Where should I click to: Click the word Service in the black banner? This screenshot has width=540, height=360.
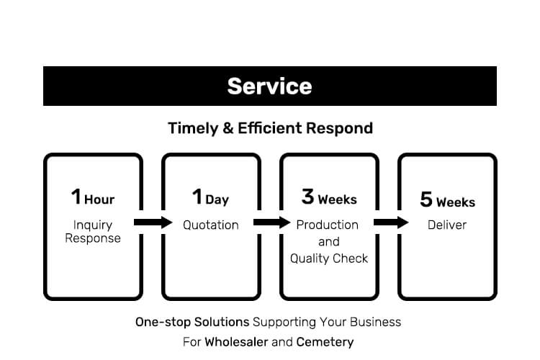(x=269, y=86)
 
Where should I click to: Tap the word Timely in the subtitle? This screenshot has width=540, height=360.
(x=193, y=129)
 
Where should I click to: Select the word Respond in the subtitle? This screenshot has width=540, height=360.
(x=339, y=129)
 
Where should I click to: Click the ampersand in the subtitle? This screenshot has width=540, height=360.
(x=228, y=128)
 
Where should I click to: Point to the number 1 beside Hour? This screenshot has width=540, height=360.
(x=76, y=197)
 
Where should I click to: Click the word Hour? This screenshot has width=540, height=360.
(x=99, y=199)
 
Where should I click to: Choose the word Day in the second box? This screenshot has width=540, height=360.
(x=217, y=200)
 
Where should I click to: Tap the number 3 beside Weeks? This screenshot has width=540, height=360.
(x=307, y=197)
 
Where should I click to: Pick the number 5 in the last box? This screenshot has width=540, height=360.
(x=426, y=199)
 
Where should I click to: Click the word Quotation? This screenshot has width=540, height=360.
(x=211, y=225)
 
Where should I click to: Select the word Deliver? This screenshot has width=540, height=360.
(x=447, y=225)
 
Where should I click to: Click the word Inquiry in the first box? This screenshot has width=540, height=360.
(x=93, y=225)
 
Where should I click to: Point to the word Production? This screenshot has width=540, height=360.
(x=327, y=225)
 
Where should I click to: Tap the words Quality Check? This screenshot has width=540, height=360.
(x=329, y=258)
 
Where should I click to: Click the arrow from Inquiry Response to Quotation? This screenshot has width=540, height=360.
(x=153, y=222)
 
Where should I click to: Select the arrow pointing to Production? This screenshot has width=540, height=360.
(x=272, y=222)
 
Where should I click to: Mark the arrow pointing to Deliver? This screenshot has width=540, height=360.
(x=391, y=222)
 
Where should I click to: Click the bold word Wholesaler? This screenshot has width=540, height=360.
(x=236, y=342)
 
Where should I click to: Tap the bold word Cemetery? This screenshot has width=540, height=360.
(x=325, y=343)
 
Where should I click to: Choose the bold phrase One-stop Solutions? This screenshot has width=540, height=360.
(x=192, y=323)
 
